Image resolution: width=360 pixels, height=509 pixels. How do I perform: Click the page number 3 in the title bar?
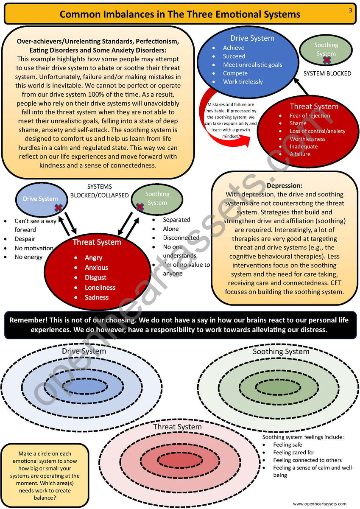point(350,10)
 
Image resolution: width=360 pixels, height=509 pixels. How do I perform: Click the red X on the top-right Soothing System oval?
point(327,60)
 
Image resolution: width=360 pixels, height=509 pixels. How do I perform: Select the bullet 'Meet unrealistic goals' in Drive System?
point(252,65)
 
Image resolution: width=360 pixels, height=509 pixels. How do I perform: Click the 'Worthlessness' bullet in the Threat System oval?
point(307,139)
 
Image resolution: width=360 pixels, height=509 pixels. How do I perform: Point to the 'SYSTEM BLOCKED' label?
point(327,73)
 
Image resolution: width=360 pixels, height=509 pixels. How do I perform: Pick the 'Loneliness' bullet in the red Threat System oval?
point(100,287)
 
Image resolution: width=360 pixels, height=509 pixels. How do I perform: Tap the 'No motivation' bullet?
point(33,248)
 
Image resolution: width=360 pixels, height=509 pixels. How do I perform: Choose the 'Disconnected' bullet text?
point(181,238)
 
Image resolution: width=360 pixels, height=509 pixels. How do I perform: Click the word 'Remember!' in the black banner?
point(28,320)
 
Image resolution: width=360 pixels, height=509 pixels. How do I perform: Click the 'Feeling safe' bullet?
point(287,445)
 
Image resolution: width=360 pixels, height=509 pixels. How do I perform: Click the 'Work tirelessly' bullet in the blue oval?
point(243,82)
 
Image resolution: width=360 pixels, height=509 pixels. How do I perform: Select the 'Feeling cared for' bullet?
point(293,453)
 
